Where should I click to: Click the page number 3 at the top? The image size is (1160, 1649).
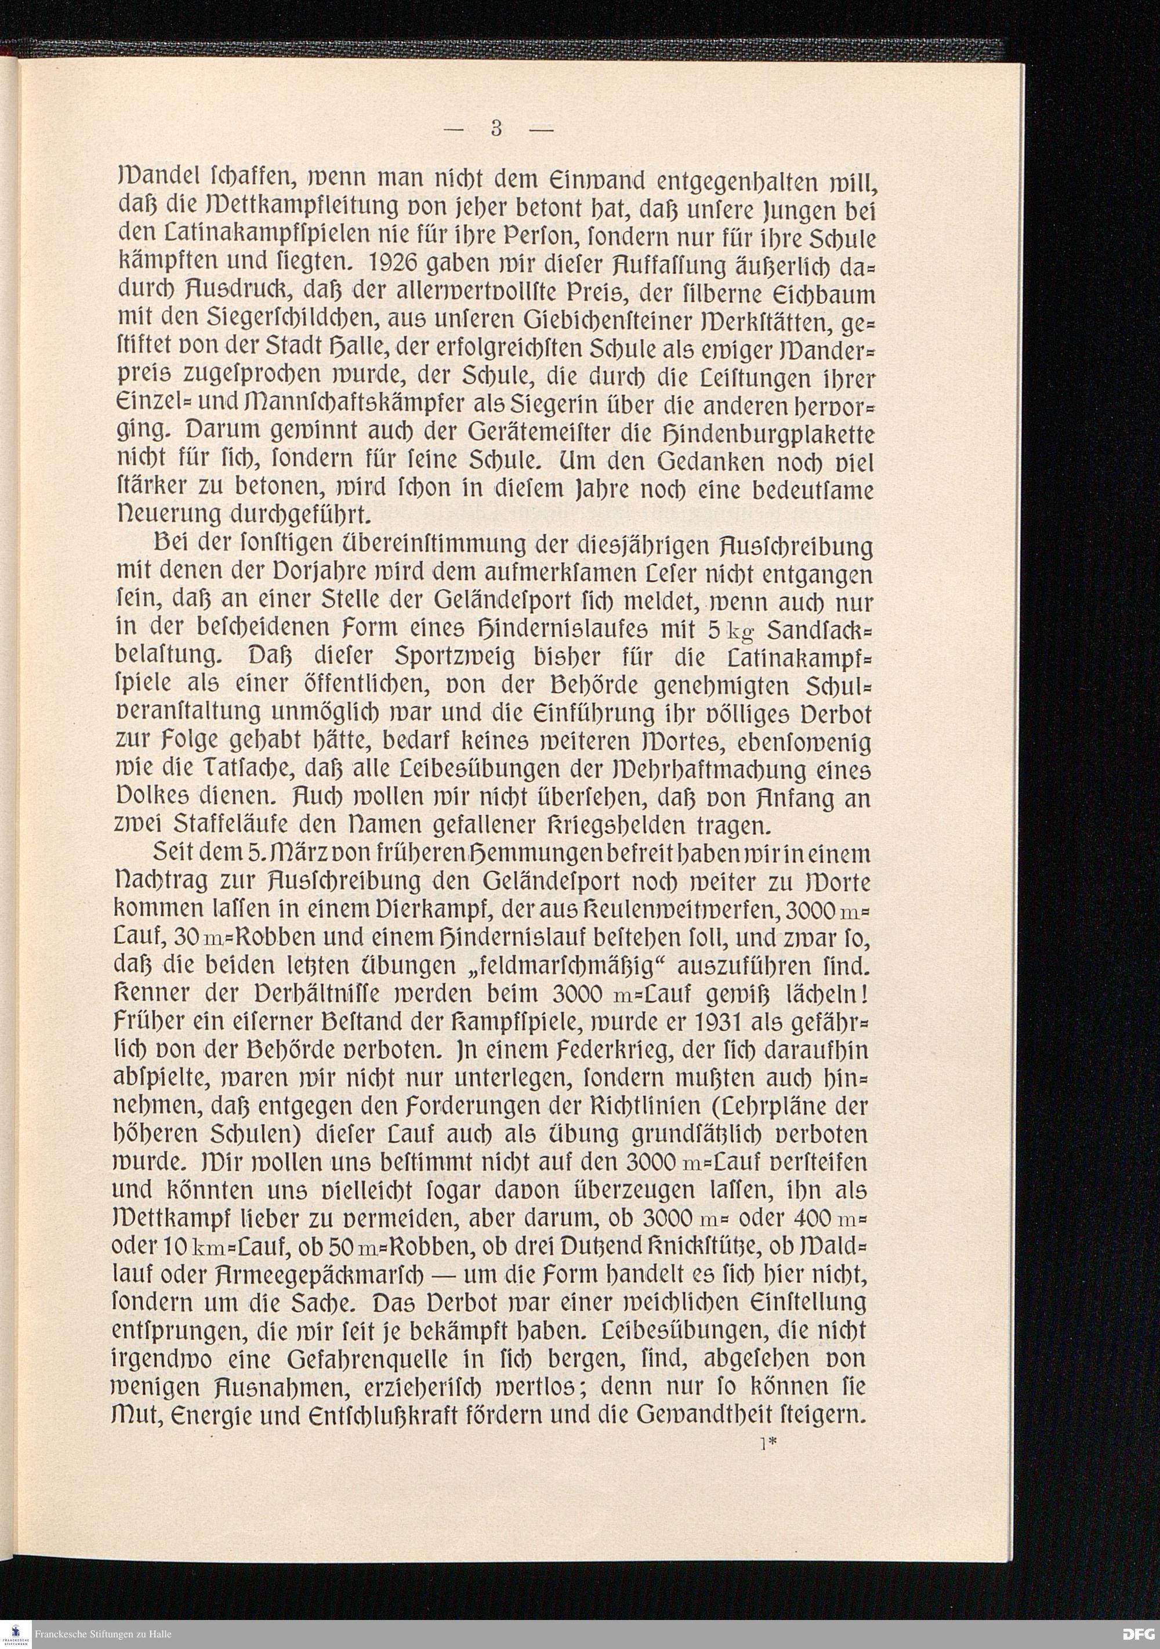click(x=495, y=129)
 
